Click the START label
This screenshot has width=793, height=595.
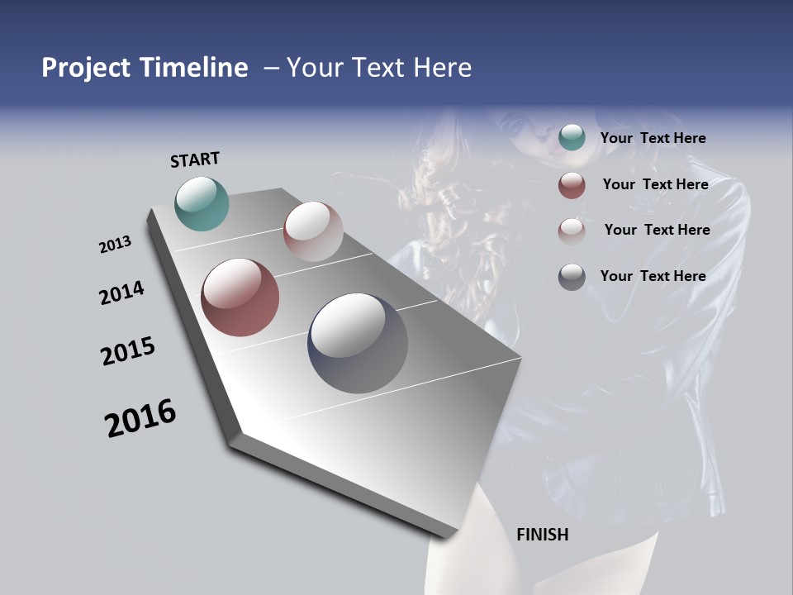click(195, 159)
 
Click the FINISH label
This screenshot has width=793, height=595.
click(542, 535)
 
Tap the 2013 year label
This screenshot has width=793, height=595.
click(115, 245)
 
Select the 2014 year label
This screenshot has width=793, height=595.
click(121, 293)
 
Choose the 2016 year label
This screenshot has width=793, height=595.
click(140, 417)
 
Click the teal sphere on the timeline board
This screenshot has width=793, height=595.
click(202, 203)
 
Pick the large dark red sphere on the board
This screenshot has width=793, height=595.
click(240, 297)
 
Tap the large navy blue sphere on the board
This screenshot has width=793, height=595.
click(357, 343)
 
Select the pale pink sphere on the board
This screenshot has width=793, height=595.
click(313, 231)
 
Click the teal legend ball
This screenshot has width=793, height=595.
click(572, 137)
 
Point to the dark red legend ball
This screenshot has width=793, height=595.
click(572, 185)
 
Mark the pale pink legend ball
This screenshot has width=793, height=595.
click(572, 231)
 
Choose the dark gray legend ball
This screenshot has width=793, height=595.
click(572, 278)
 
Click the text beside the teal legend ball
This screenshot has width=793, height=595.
click(653, 138)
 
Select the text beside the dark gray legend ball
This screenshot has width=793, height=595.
click(653, 276)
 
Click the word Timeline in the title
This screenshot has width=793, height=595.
click(193, 68)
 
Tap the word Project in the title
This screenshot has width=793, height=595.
click(85, 68)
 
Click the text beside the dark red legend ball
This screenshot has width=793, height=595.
click(655, 184)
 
